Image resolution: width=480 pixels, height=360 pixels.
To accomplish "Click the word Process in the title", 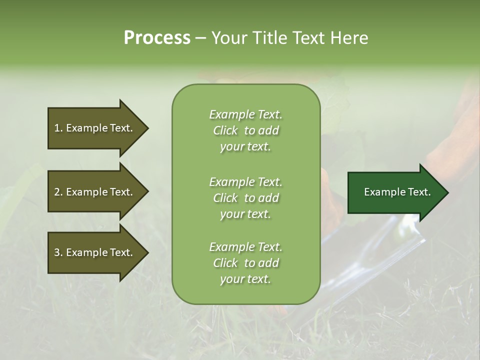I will tap(157, 38).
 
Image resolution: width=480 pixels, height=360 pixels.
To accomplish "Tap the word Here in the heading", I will tap(349, 38).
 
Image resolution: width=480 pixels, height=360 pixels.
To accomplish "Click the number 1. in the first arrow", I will tap(58, 128).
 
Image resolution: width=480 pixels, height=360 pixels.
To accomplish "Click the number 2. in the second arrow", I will tap(58, 192).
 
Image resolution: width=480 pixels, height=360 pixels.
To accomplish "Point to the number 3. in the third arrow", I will tap(58, 252).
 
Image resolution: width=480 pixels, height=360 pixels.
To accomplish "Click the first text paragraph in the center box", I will tap(245, 130).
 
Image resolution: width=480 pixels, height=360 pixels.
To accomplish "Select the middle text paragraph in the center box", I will tap(245, 198).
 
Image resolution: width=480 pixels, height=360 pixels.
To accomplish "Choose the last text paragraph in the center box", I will tap(245, 263).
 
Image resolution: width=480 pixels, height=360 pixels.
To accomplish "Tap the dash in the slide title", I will tap(200, 38).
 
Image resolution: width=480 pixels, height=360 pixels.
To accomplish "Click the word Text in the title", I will tap(307, 38).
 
